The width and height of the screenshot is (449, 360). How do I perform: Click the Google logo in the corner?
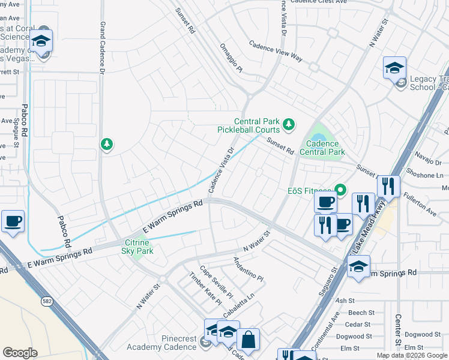(x=20, y=353)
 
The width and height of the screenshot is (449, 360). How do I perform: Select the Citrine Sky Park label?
(x=138, y=247)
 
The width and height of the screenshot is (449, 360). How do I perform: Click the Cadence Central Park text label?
(x=323, y=148)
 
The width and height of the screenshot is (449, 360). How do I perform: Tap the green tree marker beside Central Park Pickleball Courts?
(x=289, y=124)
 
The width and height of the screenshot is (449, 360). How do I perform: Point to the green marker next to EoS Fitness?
(x=341, y=191)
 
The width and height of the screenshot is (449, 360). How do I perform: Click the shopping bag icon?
(x=248, y=340)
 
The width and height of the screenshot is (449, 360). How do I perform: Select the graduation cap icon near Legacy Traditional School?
(x=394, y=67)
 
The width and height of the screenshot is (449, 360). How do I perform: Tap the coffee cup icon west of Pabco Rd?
(x=13, y=221)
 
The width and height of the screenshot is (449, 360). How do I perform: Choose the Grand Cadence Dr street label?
(x=102, y=47)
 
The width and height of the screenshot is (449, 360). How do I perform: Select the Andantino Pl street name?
(x=248, y=269)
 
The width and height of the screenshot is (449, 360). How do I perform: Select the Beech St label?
(x=361, y=313)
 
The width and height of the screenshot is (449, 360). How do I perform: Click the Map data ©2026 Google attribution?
(x=412, y=355)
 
